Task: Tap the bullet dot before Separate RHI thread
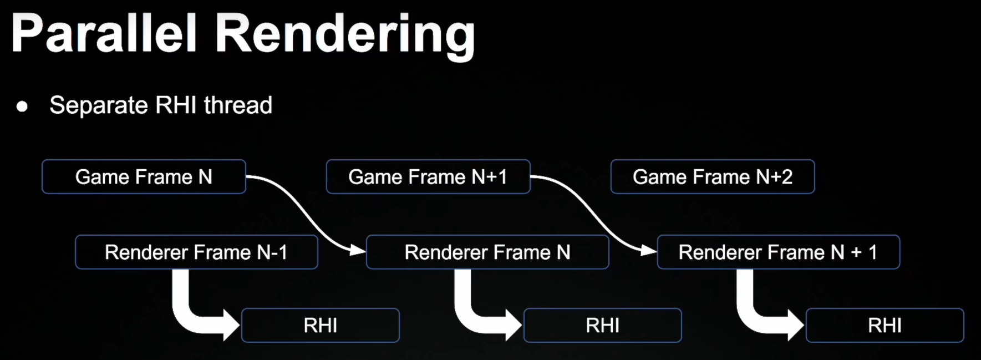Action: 22,107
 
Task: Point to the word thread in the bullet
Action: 238,105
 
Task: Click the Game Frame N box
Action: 144,177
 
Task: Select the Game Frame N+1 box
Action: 428,177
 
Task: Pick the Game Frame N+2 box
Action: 712,177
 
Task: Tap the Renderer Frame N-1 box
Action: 196,252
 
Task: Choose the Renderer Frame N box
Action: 487,252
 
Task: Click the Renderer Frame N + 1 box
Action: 777,252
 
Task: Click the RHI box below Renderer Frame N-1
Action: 320,326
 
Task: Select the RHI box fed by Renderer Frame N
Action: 602,326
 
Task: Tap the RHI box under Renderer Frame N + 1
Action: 885,326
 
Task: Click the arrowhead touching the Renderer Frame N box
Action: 358,251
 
